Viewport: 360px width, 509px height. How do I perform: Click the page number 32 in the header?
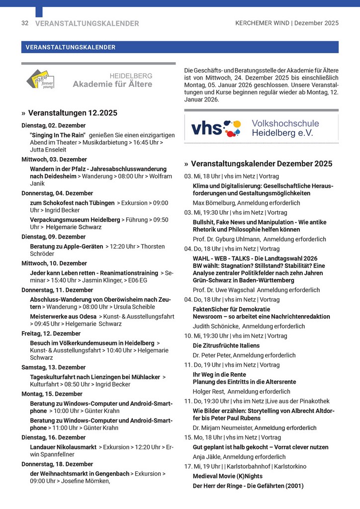pyautogui.click(x=25, y=23)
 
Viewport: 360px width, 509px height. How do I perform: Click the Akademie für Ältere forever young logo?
pyautogui.click(x=40, y=80)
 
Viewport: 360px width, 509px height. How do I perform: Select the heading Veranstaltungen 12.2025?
pyautogui.click(x=73, y=113)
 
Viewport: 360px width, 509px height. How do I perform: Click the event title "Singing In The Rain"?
pyautogui.click(x=58, y=135)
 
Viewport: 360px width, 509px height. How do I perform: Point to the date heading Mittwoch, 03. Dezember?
pyautogui.click(x=54, y=160)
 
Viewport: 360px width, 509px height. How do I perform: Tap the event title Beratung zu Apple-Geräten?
pyautogui.click(x=67, y=247)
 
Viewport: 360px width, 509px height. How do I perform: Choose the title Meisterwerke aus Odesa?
pyautogui.click(x=63, y=316)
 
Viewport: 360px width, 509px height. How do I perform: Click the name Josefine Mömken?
pyautogui.click(x=84, y=481)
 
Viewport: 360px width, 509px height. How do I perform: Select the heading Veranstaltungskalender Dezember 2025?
pyautogui.click(x=262, y=164)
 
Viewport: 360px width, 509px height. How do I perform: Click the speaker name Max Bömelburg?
pyautogui.click(x=213, y=203)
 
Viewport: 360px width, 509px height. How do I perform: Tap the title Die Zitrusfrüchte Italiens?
pyautogui.click(x=226, y=345)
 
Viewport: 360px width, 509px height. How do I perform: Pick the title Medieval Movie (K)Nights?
pyautogui.click(x=228, y=476)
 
